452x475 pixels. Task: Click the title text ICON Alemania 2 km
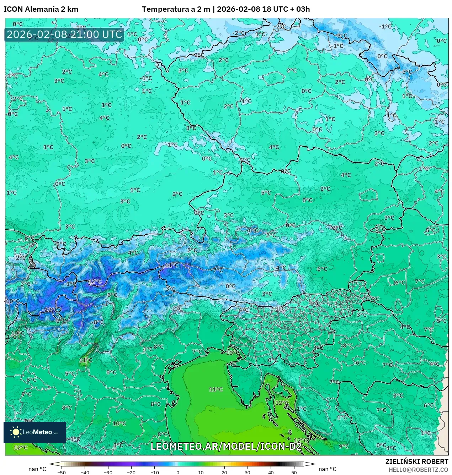coord(41,9)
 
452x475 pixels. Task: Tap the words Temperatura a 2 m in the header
coord(176,9)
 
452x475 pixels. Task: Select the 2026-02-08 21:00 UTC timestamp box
coord(64,35)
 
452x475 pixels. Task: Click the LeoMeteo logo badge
coord(35,432)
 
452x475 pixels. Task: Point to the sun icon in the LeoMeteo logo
coord(16,432)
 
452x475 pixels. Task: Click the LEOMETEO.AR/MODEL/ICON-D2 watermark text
coord(226,446)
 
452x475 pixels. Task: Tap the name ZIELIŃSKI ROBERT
coord(417,462)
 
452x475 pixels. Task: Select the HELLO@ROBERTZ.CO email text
coord(418,470)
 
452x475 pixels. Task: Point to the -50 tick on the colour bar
coord(62,473)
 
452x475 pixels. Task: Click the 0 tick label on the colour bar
coord(178,473)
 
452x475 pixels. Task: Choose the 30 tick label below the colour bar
coord(248,473)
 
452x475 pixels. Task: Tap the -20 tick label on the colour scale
coord(131,473)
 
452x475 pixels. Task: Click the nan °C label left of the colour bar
coord(37,469)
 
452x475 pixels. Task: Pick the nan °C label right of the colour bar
coord(328,469)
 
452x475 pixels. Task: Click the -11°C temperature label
coord(171,265)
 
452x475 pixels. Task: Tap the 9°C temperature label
coord(344,446)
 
